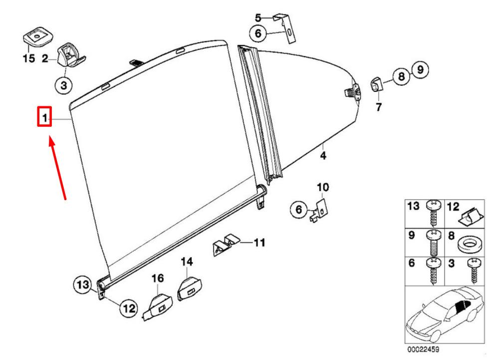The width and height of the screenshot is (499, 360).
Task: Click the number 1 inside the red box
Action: click(44, 118)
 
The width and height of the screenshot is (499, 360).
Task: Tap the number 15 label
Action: click(28, 58)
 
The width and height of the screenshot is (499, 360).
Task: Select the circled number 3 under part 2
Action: click(64, 85)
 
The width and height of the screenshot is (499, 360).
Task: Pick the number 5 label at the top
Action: click(258, 18)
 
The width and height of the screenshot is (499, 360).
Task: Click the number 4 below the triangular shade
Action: click(323, 156)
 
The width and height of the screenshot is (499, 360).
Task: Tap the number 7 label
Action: click(378, 107)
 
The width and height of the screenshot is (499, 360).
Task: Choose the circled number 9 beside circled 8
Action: click(420, 69)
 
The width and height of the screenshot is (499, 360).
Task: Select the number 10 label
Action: click(323, 187)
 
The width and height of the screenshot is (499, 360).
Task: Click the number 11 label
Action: click(259, 243)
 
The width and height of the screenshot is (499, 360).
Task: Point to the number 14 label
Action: click(187, 262)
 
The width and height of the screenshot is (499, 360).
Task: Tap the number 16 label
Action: click(158, 278)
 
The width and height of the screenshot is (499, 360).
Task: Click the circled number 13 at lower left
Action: click(83, 284)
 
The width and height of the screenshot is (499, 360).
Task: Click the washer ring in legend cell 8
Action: click(470, 245)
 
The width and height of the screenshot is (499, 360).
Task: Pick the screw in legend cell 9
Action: click(433, 243)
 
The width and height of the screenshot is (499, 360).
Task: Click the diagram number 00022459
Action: click(423, 350)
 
